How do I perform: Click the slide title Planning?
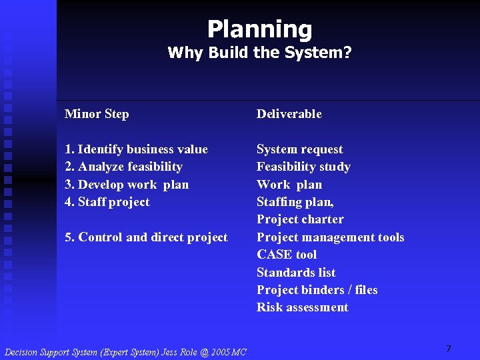259,29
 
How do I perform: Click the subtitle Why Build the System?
259,53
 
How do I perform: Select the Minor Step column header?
97,114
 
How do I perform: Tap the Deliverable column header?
289,114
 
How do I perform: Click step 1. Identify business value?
136,149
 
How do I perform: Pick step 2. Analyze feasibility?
123,167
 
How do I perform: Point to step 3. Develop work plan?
127,185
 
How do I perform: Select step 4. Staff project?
107,202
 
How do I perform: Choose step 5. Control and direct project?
146,237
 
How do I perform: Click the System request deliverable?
299,149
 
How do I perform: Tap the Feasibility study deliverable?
303,167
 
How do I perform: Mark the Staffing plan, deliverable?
295,202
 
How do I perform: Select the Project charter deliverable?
300,219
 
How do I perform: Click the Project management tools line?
330,237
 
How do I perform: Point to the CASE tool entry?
287,255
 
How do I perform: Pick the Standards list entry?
296,273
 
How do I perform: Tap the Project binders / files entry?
317,290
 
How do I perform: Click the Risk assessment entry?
302,307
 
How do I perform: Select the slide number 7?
448,349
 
